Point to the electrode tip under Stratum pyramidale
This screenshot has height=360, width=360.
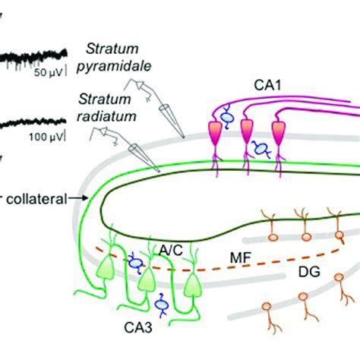tap(183, 136)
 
